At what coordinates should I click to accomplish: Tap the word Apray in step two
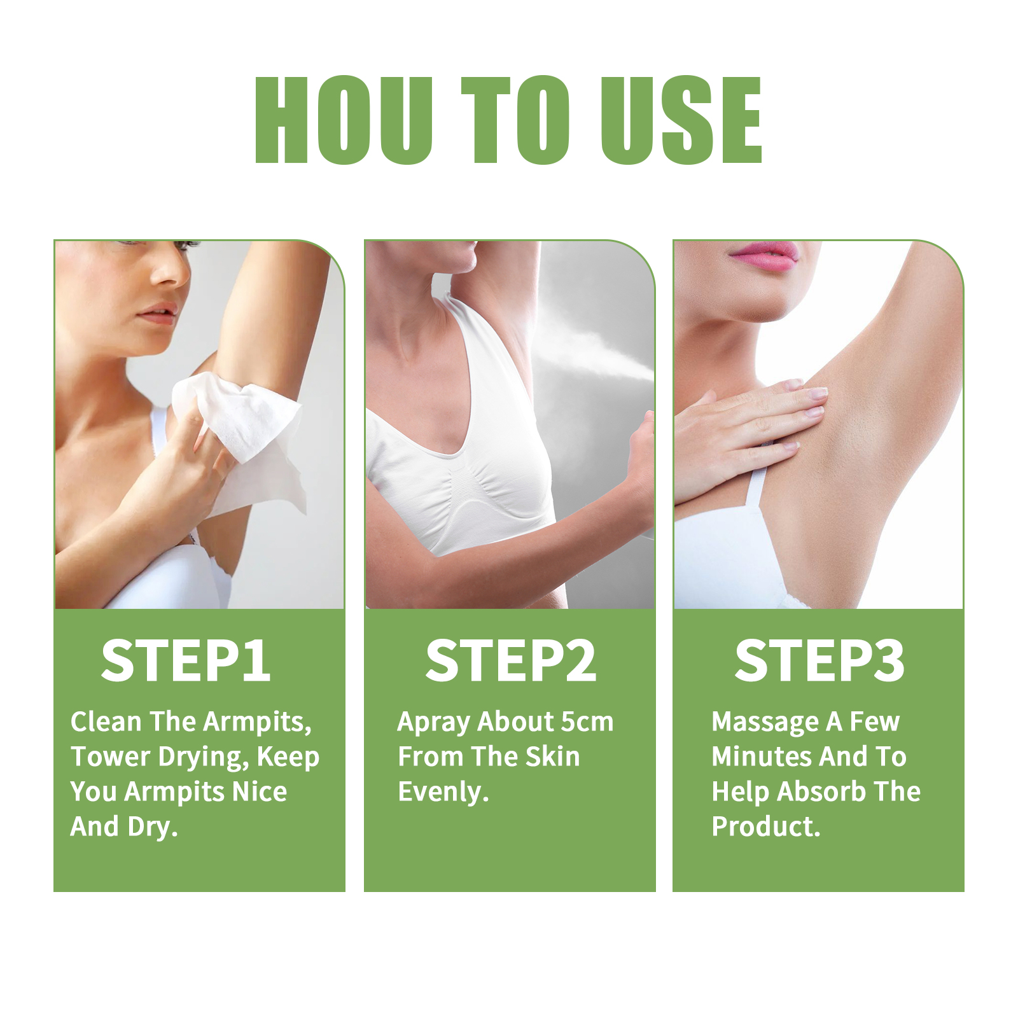click(433, 722)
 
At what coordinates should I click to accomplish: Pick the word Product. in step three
click(766, 826)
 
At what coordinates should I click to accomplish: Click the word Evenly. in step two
click(443, 792)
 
